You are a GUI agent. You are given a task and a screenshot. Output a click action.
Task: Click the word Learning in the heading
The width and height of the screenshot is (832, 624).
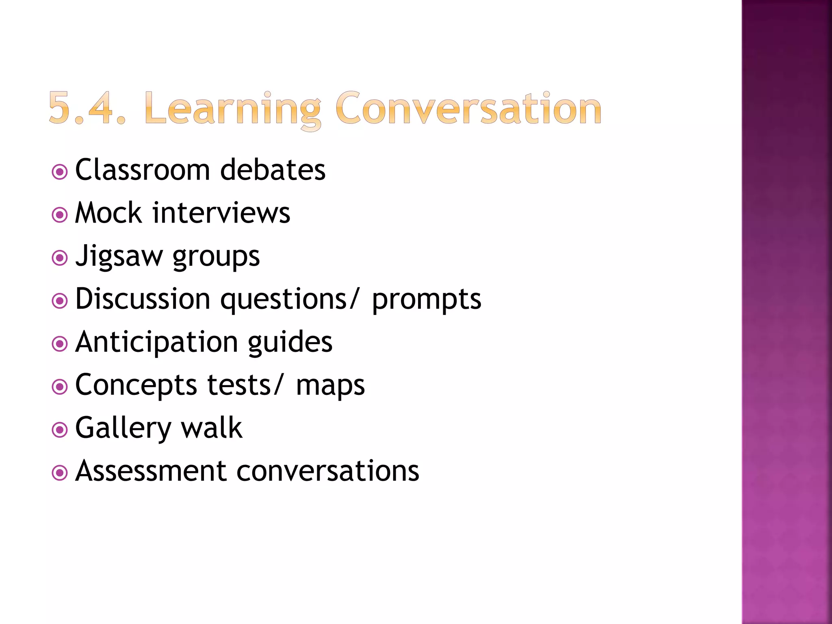(233, 109)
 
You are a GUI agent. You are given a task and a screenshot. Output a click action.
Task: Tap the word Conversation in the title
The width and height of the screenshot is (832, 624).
(468, 108)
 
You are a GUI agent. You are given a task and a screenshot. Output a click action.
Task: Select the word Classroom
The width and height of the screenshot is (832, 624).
(142, 170)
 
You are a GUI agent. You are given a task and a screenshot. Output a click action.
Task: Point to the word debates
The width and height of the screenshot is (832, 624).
(273, 170)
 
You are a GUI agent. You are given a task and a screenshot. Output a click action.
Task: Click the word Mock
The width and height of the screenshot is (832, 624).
(108, 213)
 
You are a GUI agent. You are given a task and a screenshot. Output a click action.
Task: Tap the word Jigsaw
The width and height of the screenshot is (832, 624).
(119, 257)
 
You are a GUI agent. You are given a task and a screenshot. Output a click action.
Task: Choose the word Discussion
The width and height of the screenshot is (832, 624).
(143, 299)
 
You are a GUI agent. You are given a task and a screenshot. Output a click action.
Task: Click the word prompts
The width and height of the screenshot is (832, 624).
(427, 300)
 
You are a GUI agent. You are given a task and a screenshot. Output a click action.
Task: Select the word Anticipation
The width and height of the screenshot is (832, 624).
(156, 342)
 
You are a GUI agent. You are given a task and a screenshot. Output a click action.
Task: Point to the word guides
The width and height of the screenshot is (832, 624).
(290, 342)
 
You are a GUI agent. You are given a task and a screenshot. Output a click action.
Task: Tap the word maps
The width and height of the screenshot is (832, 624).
(330, 386)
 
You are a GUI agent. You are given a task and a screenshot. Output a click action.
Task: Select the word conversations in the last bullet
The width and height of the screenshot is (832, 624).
(327, 471)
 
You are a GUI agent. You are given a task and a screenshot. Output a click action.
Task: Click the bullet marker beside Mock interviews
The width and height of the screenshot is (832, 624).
(60, 215)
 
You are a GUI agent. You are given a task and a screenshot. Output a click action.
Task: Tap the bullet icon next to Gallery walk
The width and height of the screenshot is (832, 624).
(60, 430)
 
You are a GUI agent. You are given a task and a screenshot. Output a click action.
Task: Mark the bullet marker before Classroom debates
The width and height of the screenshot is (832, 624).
(60, 172)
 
